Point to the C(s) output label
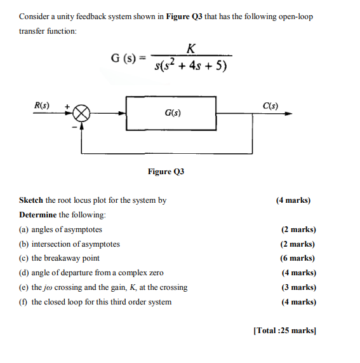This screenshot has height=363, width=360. [270, 105]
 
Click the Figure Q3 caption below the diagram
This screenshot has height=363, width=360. [166, 172]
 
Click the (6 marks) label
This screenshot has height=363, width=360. [297, 258]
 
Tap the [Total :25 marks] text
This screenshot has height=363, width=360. [284, 331]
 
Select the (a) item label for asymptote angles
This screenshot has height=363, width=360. [24, 229]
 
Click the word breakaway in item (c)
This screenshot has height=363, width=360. [63, 258]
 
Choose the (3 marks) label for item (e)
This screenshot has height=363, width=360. [297, 287]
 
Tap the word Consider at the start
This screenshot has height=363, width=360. [35, 16]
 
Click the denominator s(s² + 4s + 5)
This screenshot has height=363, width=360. [191, 65]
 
